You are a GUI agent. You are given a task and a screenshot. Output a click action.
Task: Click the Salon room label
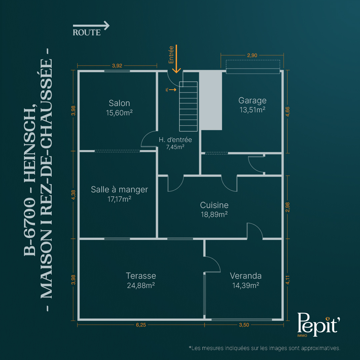pyautogui.click(x=119, y=103)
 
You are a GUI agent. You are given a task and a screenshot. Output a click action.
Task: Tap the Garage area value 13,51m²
pyautogui.click(x=253, y=110)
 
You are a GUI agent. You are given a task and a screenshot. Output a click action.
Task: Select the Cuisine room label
pyautogui.click(x=214, y=205)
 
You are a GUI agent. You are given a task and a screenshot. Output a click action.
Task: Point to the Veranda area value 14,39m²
pyautogui.click(x=246, y=285)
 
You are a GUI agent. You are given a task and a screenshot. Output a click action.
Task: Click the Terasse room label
pyautogui.click(x=141, y=276)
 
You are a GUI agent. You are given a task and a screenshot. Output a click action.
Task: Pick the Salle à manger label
pyautogui.click(x=119, y=189)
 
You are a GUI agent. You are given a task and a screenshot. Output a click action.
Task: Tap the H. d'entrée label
pyautogui.click(x=175, y=140)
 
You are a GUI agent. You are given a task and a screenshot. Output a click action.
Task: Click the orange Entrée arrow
pyautogui.click(x=176, y=59)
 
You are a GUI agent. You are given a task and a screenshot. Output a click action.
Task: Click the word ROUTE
pyautogui.click(x=87, y=33)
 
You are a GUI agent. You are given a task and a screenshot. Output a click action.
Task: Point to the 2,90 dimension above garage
pyautogui.click(x=252, y=55)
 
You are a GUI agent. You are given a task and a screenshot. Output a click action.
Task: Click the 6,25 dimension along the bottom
pyautogui.click(x=141, y=325)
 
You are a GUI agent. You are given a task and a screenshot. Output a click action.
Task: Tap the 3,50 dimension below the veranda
pyautogui.click(x=244, y=325)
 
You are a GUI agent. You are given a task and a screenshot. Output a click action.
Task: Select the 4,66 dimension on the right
pyautogui.click(x=288, y=112)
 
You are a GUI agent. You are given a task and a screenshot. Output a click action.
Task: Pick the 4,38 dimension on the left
pyautogui.click(x=73, y=195)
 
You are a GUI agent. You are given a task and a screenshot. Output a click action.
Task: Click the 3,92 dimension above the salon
pyautogui.click(x=117, y=66)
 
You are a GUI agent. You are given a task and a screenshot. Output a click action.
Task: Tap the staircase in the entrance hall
pyautogui.click(x=188, y=106)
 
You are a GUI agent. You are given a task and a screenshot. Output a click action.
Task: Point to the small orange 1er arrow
pyautogui.click(x=172, y=90)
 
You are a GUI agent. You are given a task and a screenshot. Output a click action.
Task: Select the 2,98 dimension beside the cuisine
pyautogui.click(x=288, y=207)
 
